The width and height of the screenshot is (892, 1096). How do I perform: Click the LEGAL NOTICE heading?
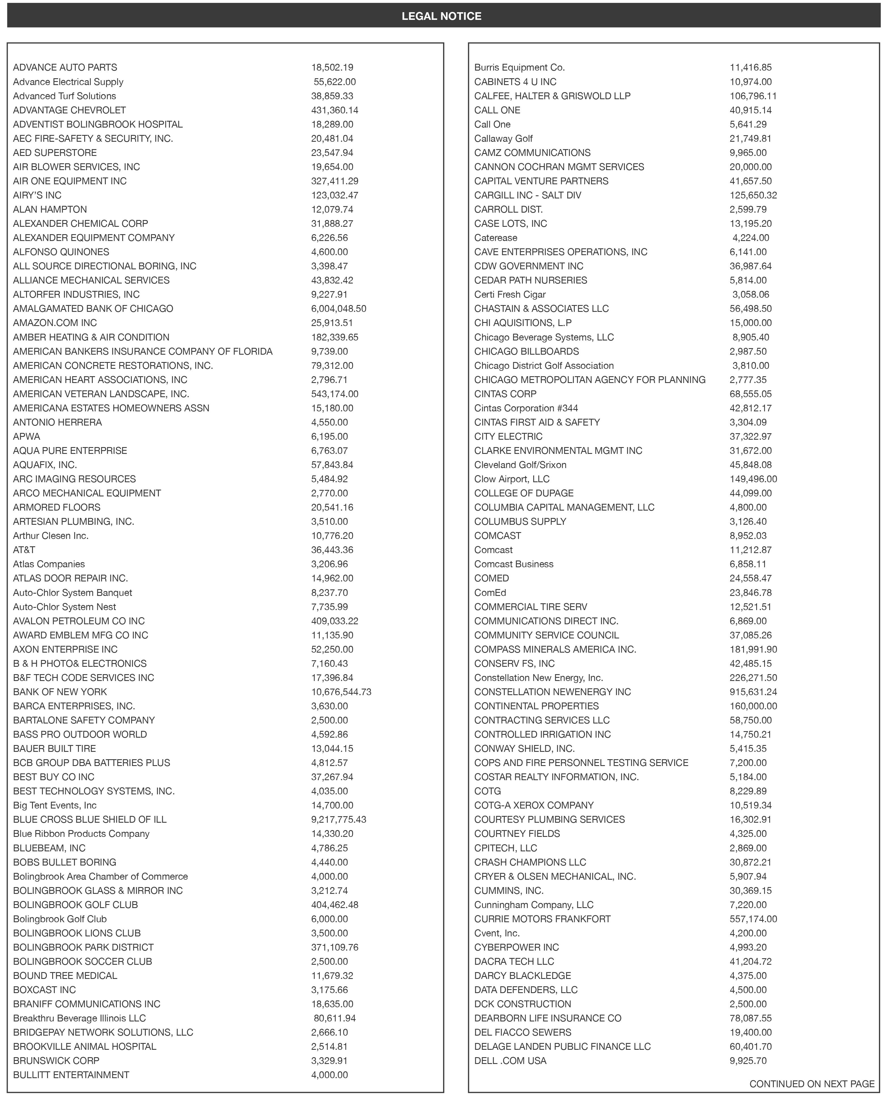(441, 16)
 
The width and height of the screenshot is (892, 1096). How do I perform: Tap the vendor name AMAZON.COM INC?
(55, 323)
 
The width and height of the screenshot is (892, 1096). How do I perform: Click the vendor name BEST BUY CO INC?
(53, 777)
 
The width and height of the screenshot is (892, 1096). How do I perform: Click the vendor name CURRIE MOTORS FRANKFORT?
(542, 919)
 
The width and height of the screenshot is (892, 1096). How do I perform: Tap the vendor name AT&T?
(24, 550)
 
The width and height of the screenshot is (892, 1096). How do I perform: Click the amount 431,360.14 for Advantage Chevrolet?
(335, 110)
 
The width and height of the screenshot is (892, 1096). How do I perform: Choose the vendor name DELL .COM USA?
(510, 1061)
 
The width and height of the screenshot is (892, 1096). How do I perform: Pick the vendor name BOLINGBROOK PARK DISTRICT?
(83, 947)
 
